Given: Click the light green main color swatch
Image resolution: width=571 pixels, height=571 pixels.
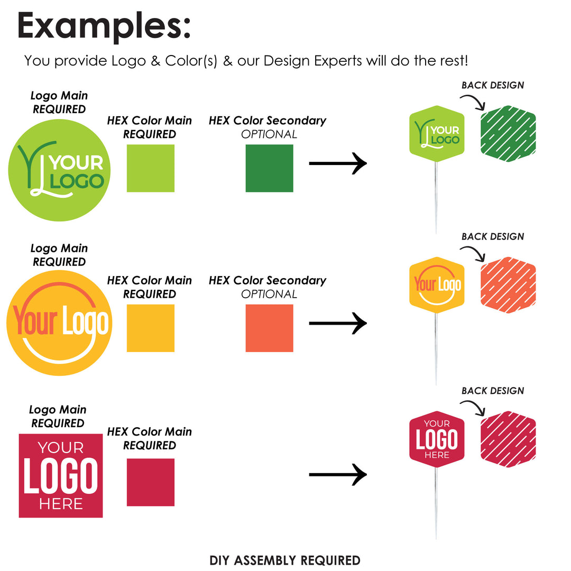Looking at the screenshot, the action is click(x=150, y=168).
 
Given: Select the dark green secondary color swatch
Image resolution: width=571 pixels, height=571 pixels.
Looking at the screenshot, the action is click(x=270, y=168).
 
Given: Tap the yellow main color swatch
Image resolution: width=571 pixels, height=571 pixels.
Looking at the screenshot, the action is click(x=150, y=328).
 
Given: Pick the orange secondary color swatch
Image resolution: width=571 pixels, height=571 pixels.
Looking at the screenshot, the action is click(x=270, y=328).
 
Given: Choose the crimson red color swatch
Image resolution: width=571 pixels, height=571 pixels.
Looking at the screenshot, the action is click(x=150, y=482).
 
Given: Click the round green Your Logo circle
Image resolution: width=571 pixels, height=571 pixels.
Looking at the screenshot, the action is click(x=59, y=170).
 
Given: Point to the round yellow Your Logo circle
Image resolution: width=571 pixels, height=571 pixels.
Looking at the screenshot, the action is click(x=59, y=323).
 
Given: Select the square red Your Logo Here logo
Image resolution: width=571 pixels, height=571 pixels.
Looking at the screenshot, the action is click(x=61, y=476).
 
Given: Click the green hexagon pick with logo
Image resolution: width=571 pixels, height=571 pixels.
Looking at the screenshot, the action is click(x=437, y=134).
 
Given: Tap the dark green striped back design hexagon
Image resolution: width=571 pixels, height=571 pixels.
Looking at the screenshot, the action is click(x=508, y=134).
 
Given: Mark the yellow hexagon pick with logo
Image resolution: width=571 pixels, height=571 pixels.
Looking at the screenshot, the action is click(x=437, y=285).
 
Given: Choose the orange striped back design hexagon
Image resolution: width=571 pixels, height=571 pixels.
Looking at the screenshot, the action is click(x=508, y=285).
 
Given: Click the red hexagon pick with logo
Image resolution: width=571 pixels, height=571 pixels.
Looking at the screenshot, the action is click(x=437, y=439).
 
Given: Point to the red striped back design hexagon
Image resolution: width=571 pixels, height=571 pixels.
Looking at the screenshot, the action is click(x=508, y=439).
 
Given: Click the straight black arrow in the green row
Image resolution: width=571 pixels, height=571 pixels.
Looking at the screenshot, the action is click(x=338, y=163).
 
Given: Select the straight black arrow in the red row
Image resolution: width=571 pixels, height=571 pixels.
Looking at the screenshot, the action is click(x=338, y=474).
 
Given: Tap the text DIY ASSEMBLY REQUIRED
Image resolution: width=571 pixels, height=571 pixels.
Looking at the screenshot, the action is click(x=285, y=560).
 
